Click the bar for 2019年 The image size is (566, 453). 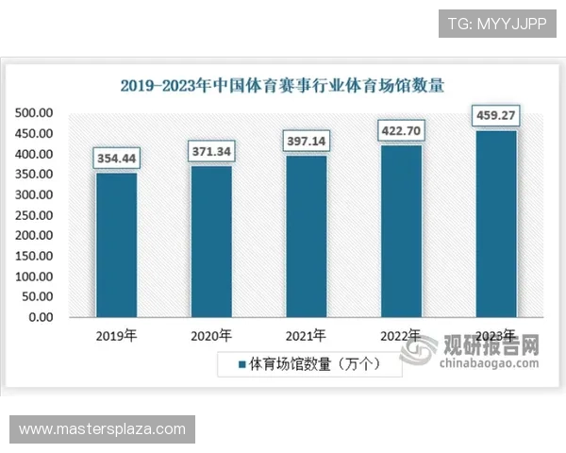tap(116, 244)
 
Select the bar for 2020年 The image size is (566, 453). tap(211, 241)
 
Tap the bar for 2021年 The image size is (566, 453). tap(306, 236)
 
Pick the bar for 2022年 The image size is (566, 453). tap(400, 230)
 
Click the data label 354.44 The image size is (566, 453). tap(116, 158)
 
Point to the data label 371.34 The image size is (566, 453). tap(211, 151)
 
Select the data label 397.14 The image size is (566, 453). tap(306, 141)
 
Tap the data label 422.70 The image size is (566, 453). tap(400, 130)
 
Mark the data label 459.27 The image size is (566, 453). tap(495, 117)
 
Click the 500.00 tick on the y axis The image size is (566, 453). tap(34, 112)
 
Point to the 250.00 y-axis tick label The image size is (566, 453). tap(34, 215)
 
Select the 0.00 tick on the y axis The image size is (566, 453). tap(41, 317)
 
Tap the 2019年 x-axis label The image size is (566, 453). tap(116, 336)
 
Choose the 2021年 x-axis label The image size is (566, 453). tap(306, 336)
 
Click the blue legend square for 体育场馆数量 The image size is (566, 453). tap(241, 363)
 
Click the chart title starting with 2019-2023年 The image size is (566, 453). tap(282, 86)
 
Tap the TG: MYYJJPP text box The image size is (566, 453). tap(498, 23)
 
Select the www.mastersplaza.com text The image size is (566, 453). tap(102, 429)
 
